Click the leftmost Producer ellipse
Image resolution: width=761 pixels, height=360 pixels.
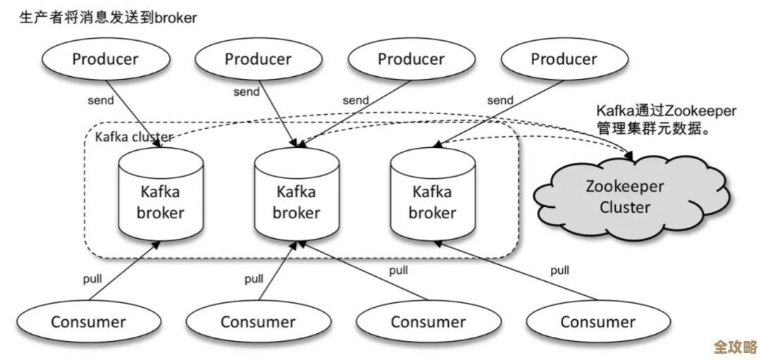pos(105,59)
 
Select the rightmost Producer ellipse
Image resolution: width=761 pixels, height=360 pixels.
pos(564,59)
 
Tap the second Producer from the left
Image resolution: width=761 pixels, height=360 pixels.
pos(258,59)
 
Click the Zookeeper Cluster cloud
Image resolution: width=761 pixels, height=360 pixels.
pos(624,197)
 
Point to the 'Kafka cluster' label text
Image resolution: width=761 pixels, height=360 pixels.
pos(134,137)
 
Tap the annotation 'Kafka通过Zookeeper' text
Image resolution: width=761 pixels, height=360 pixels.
pos(666,111)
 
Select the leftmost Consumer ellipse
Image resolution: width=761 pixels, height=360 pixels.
pos(88,323)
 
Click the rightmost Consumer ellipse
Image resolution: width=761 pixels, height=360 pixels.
pos(598,323)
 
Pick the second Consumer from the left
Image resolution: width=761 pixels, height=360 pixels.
pos(258,323)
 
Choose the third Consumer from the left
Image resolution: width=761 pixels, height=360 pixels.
pos(428,323)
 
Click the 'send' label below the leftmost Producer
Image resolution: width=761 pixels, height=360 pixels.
pos(101,100)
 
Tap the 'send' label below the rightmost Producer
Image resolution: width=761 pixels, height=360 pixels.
pos(500,100)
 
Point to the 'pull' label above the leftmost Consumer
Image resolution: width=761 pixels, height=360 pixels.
pos(92,278)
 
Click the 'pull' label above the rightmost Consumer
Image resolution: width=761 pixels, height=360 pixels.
pos(560,270)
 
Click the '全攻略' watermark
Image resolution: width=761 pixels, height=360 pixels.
pos(735,347)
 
